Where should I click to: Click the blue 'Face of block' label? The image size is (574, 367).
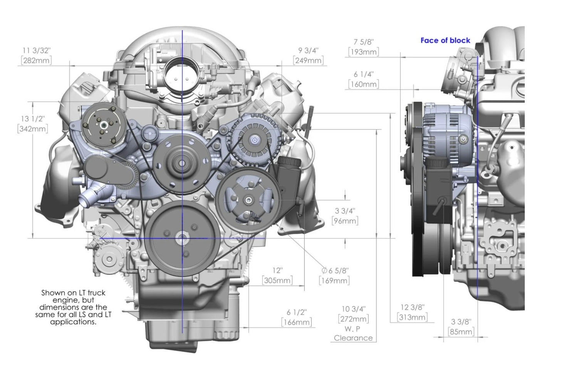(445, 40)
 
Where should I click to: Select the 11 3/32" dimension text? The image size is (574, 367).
(36, 51)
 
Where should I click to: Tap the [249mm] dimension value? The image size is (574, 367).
(308, 61)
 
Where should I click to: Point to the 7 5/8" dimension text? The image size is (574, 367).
(364, 42)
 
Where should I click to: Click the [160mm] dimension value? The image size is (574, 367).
(364, 84)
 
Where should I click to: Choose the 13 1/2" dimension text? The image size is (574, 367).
(33, 119)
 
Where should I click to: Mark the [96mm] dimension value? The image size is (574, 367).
(345, 221)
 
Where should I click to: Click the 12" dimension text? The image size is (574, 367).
(277, 270)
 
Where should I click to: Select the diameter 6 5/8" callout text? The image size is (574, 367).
(335, 271)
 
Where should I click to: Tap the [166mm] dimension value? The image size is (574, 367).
(297, 322)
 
